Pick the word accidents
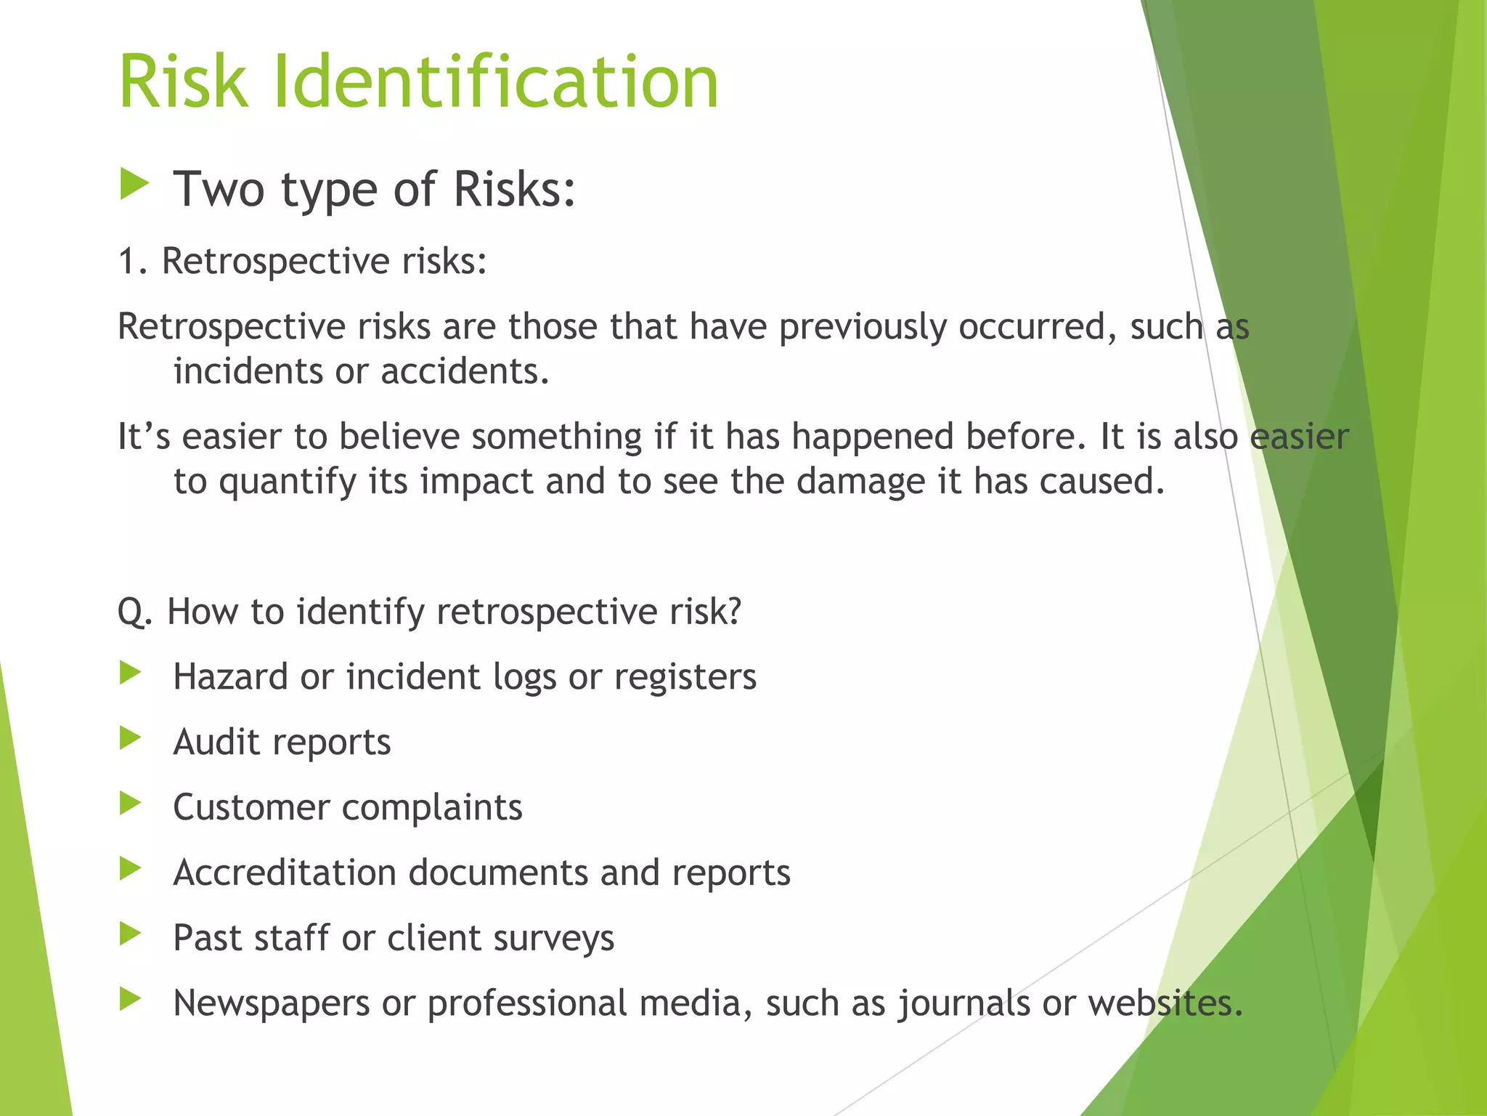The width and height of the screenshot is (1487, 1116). point(465,371)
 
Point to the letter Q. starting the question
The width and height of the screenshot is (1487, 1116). point(135,612)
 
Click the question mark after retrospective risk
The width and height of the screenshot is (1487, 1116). point(733,611)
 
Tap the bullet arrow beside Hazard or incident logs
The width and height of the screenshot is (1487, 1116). point(131,673)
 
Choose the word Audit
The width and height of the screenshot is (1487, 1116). point(216,742)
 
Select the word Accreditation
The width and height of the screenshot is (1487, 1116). point(285,873)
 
